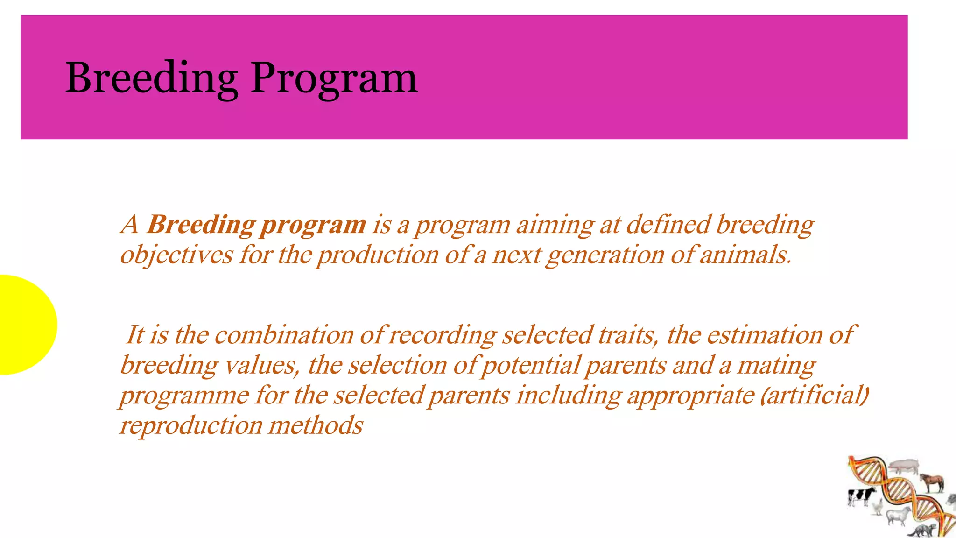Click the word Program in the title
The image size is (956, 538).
click(334, 78)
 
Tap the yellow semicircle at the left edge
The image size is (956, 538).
click(26, 325)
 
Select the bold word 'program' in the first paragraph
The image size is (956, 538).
click(313, 225)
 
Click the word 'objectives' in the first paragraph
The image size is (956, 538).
click(176, 255)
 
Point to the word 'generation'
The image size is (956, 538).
click(605, 255)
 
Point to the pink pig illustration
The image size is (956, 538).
click(904, 465)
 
